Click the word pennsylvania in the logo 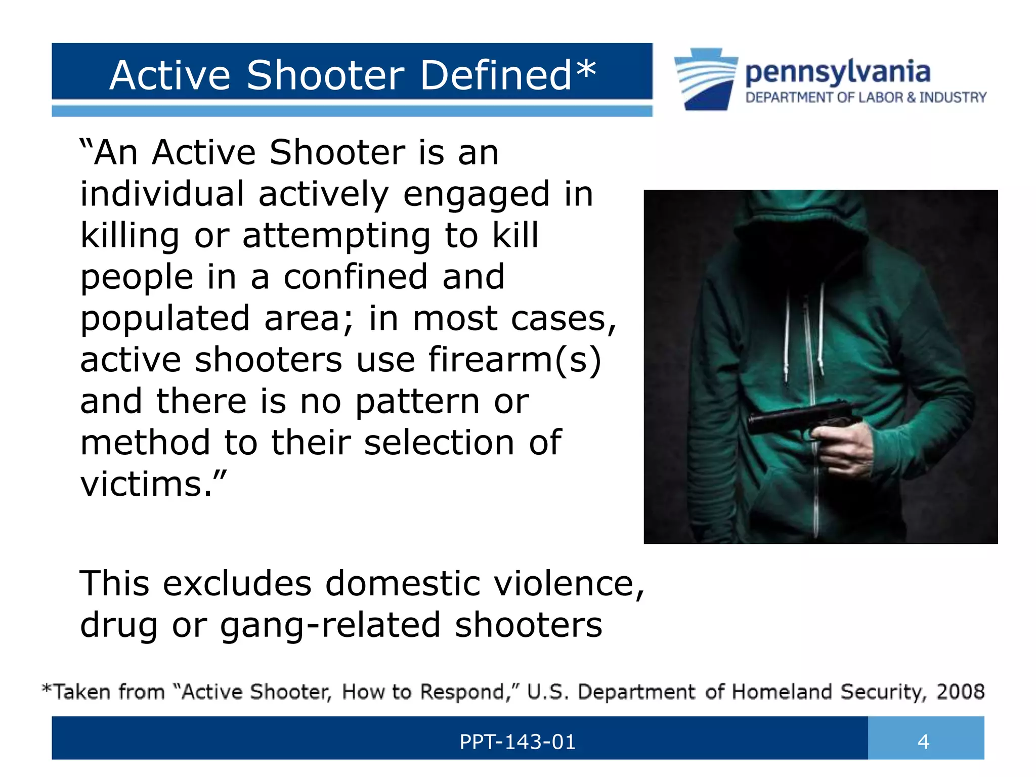click(838, 72)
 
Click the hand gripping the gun click(842, 440)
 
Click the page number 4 click(923, 742)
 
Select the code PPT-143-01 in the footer click(517, 742)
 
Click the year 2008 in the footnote click(960, 692)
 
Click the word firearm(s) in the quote click(514, 360)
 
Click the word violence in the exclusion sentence click(564, 583)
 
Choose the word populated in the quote click(165, 319)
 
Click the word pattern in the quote click(417, 402)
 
